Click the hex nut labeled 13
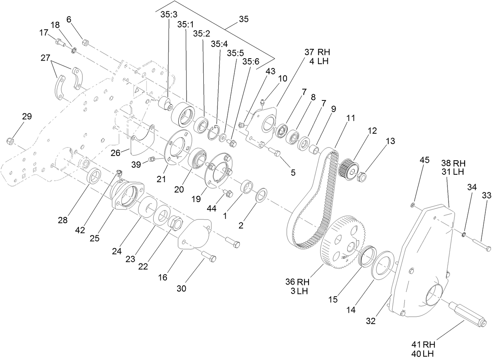362,177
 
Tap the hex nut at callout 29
11,140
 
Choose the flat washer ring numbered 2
262,194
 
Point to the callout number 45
424,160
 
